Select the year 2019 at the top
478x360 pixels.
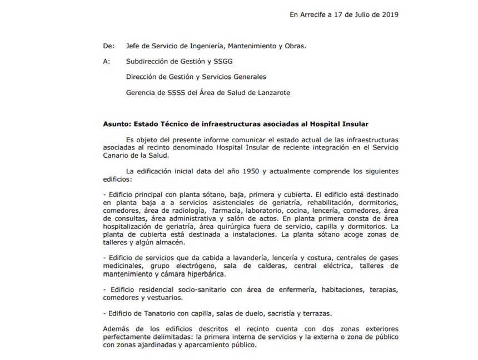pos(389,14)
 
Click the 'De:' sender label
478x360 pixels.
pos(109,46)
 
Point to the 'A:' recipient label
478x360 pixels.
pos(107,62)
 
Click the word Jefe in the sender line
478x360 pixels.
pos(134,46)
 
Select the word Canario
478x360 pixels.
pos(117,156)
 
